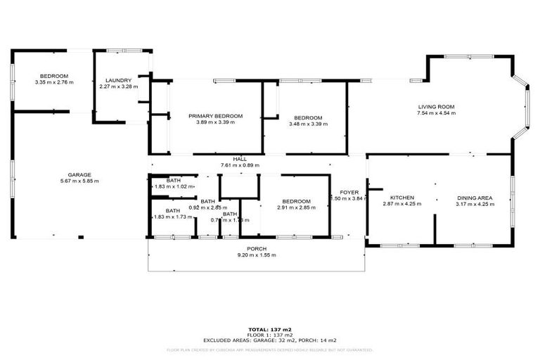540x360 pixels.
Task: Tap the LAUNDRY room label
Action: tap(115, 80)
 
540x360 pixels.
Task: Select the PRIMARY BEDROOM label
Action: tap(215, 116)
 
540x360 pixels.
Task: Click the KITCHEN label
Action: tap(402, 198)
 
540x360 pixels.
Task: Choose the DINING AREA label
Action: tap(475, 198)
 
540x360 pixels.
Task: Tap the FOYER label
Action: tap(349, 192)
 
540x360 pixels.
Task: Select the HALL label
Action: tap(239, 160)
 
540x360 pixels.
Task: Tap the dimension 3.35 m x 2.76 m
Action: tap(53, 82)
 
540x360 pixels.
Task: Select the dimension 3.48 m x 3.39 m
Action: tap(308, 124)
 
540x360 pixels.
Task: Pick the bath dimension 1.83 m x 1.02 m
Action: tap(173, 187)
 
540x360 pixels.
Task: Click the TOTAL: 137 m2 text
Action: tap(270, 329)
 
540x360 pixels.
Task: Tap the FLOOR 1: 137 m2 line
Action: tap(270, 334)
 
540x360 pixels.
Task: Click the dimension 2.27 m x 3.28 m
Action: tap(115, 86)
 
